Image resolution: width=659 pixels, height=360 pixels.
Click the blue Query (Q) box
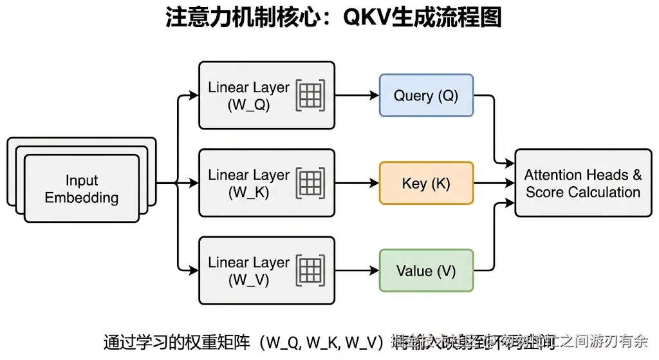(x=426, y=95)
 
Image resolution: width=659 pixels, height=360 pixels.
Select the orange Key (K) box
(x=426, y=184)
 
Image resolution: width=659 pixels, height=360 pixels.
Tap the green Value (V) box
(x=426, y=271)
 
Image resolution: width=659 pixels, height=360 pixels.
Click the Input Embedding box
(x=82, y=189)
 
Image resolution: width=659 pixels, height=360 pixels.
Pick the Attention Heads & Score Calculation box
(x=582, y=184)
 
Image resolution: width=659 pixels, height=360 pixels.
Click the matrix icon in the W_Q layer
(x=310, y=95)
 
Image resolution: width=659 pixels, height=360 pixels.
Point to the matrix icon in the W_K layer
(x=310, y=184)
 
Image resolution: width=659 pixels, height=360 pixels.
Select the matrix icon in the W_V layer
(x=310, y=271)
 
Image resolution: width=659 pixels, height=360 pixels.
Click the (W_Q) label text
(x=248, y=105)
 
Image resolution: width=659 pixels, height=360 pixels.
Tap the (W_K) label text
(x=248, y=193)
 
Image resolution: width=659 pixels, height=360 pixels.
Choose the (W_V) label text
(x=248, y=280)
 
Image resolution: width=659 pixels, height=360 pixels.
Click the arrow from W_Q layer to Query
(x=357, y=95)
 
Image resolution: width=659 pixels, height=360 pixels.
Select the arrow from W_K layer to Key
(x=357, y=184)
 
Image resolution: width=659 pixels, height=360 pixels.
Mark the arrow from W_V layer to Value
(x=357, y=271)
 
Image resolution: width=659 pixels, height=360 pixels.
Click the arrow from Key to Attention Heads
(x=494, y=184)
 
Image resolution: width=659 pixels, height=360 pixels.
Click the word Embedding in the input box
(x=82, y=198)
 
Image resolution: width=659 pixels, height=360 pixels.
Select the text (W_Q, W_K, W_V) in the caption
(x=325, y=341)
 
